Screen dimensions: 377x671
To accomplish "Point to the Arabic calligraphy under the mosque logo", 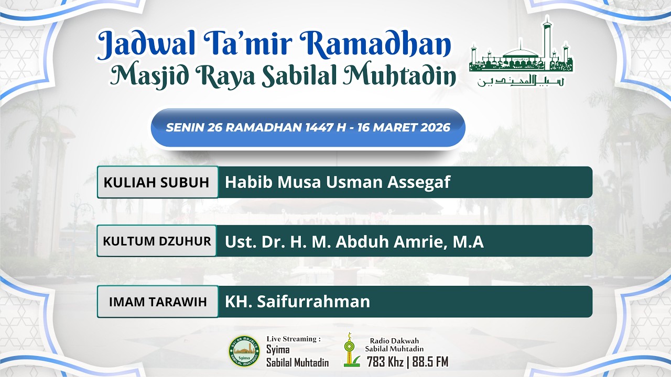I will point(521,81).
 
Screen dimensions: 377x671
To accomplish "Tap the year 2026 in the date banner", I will point(435,128).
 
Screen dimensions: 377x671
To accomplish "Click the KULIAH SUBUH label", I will point(157,182).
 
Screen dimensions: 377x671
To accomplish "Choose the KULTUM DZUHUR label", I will point(157,241).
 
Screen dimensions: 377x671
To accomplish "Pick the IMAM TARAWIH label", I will point(157,302).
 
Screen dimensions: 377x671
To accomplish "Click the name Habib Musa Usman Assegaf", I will point(337,182).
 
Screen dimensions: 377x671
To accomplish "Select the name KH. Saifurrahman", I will point(297,302).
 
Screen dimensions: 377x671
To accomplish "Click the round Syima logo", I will point(244,350).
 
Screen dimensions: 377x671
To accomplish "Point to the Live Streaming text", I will point(294,339).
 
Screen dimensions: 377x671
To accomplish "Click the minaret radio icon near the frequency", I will point(350,350).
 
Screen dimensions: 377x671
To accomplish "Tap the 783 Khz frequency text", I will point(385,361).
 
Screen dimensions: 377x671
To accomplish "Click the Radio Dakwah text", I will point(394,341).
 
